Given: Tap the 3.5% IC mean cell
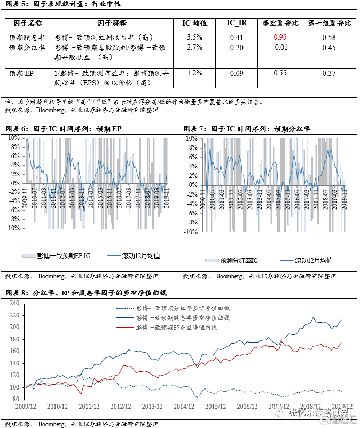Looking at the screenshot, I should point(195,37).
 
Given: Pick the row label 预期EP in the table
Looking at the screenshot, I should point(21,73).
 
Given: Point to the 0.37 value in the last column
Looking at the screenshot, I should point(329,73).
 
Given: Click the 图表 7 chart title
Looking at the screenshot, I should point(247,129).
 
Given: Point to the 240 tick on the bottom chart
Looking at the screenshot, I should point(14,303).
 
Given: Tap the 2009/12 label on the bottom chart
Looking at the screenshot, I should point(26,407).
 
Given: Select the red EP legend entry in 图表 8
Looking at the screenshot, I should point(183,327).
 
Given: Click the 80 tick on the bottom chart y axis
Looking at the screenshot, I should point(15,399).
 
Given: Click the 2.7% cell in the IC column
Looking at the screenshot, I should point(195,48).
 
